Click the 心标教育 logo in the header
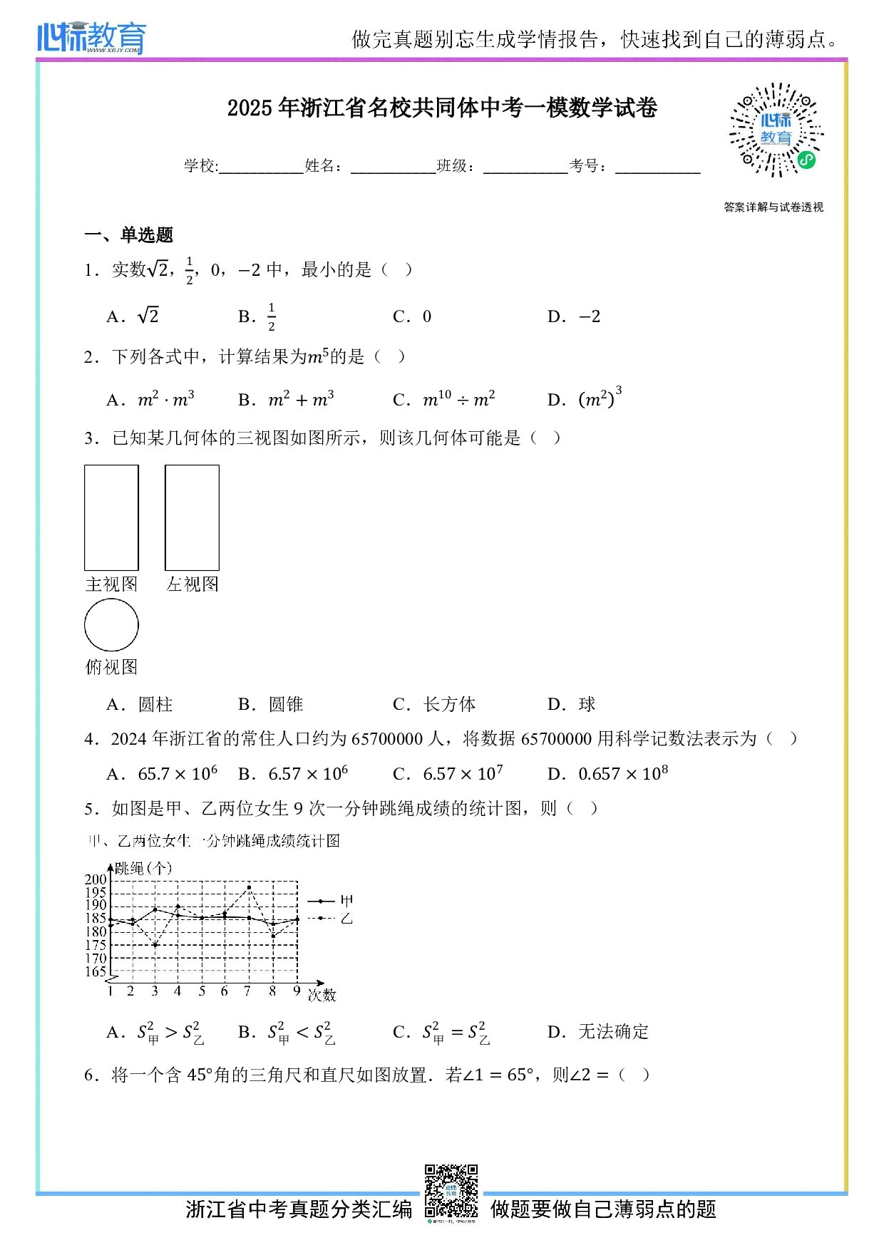(91, 37)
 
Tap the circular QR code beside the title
(775, 130)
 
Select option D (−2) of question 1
(574, 316)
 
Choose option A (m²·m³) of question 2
(150, 400)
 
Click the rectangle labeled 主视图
(111, 517)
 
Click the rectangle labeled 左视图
(192, 517)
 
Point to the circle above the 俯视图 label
(111, 625)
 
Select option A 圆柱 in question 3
(140, 705)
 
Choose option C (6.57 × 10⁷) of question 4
(448, 774)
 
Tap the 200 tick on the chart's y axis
(96, 879)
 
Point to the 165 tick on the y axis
(96, 971)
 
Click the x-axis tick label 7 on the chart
(247, 991)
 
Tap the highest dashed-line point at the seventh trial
(249, 888)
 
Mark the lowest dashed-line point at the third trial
(155, 945)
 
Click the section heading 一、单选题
(129, 235)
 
